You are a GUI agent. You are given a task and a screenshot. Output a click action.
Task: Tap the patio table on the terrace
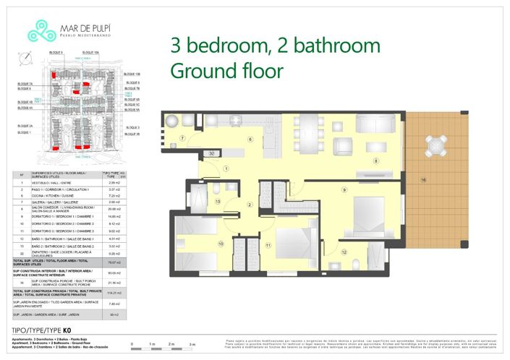(x=435, y=146)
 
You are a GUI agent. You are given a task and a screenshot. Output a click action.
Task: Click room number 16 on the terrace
(x=424, y=179)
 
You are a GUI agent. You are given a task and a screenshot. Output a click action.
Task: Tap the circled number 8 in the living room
(x=375, y=161)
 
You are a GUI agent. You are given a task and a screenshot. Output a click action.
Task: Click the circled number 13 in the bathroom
(x=218, y=203)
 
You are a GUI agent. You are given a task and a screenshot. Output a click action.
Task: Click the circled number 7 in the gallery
(x=183, y=137)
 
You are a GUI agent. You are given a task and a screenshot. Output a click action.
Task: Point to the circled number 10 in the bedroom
(x=220, y=244)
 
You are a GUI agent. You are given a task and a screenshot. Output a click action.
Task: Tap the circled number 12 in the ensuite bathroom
(x=344, y=252)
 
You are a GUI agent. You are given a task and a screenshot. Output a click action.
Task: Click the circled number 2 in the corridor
(x=249, y=205)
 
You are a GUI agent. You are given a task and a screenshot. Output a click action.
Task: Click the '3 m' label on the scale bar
(x=191, y=344)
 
